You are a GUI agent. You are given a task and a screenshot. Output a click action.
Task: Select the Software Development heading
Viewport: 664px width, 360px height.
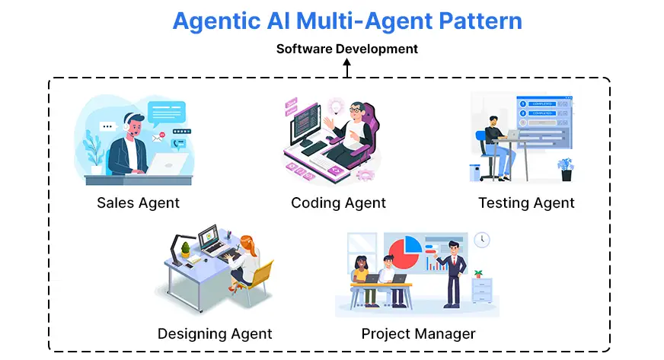click(346, 49)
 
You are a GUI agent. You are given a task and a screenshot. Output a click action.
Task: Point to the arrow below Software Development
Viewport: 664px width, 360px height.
click(347, 69)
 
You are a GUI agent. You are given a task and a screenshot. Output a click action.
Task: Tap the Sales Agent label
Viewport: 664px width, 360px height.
click(138, 202)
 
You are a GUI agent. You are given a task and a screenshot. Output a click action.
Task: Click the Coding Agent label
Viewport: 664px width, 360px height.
click(338, 202)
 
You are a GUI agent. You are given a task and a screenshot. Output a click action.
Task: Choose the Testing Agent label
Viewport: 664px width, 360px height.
click(526, 202)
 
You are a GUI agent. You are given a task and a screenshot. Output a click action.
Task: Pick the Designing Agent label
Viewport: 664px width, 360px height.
click(215, 333)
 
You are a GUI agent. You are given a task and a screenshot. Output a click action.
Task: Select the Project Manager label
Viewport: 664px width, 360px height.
click(418, 333)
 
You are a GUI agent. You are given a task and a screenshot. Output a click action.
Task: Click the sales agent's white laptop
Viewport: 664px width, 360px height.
click(166, 162)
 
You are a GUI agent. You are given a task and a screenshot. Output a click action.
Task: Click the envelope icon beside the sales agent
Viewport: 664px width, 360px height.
click(158, 139)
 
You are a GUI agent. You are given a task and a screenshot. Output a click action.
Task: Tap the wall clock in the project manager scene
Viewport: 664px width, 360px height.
click(481, 240)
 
